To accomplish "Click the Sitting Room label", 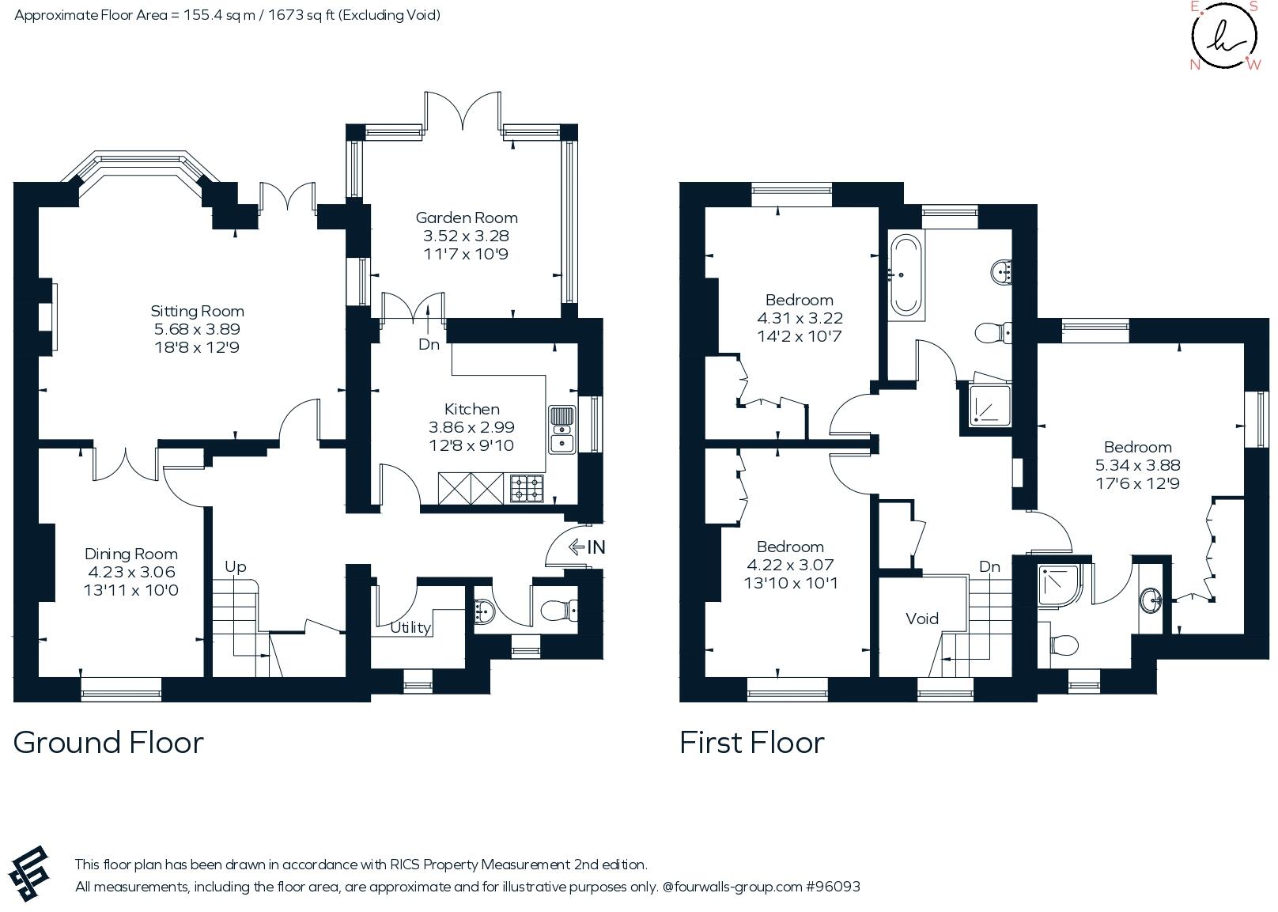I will (197, 311).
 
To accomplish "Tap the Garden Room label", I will (467, 218).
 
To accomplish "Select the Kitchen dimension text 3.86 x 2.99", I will (471, 427).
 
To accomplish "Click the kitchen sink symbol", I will (561, 430).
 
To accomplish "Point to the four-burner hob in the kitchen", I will (527, 488).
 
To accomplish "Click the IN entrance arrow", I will (587, 547).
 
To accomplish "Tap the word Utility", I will (410, 627).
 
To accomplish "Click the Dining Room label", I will (131, 554).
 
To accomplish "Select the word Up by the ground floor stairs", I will (236, 566).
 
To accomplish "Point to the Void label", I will (922, 619).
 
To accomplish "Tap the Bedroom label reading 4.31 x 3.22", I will (799, 300).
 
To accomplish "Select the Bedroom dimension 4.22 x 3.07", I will (790, 565).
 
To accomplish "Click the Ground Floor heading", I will (108, 742).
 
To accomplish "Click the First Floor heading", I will (751, 742).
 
